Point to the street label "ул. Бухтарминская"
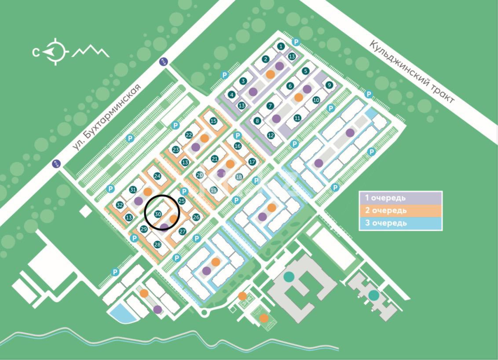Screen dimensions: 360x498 pyautogui.click(x=108, y=117)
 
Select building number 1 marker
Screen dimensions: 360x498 pyautogui.click(x=282, y=46)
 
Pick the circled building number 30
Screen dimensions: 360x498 pyautogui.click(x=158, y=214)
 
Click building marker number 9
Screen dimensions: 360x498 pyautogui.click(x=328, y=85)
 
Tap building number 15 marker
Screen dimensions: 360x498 pyautogui.click(x=213, y=121)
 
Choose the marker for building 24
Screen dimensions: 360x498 pyautogui.click(x=157, y=176)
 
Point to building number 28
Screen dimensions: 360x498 pyautogui.click(x=157, y=244)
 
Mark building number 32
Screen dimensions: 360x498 pyautogui.click(x=120, y=205)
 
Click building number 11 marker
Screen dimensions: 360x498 pyautogui.click(x=297, y=118)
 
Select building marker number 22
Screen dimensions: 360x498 pyautogui.click(x=189, y=135)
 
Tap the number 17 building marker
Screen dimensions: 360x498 pyautogui.click(x=252, y=161)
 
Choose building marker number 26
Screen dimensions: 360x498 pyautogui.click(x=196, y=217)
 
